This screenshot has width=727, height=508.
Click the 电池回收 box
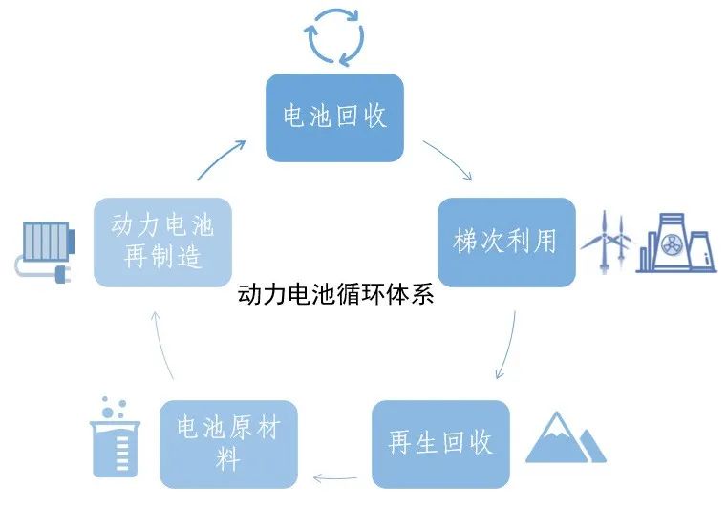click(334, 117)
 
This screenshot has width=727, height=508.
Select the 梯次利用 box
click(505, 242)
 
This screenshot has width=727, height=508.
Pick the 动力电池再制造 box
click(162, 242)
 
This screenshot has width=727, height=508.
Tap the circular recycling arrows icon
click(334, 36)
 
